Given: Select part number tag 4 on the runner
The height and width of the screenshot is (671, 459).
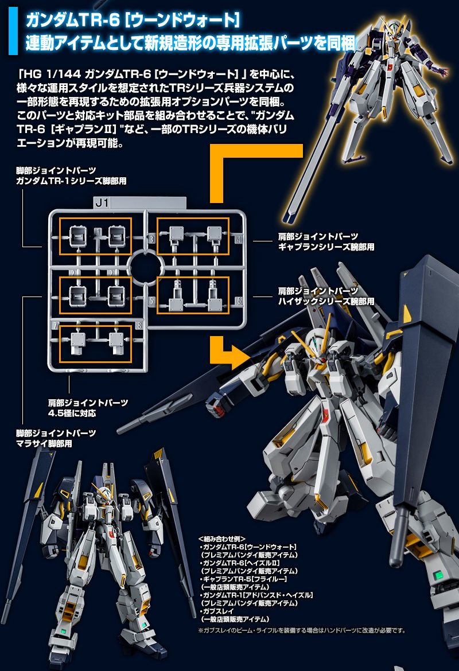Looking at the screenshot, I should coord(238,239).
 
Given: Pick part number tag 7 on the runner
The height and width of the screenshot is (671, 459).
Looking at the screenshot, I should coord(55,325).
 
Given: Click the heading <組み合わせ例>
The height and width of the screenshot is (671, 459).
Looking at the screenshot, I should coord(221,539).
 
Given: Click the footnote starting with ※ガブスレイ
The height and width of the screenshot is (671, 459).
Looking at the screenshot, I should coord(302,631).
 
